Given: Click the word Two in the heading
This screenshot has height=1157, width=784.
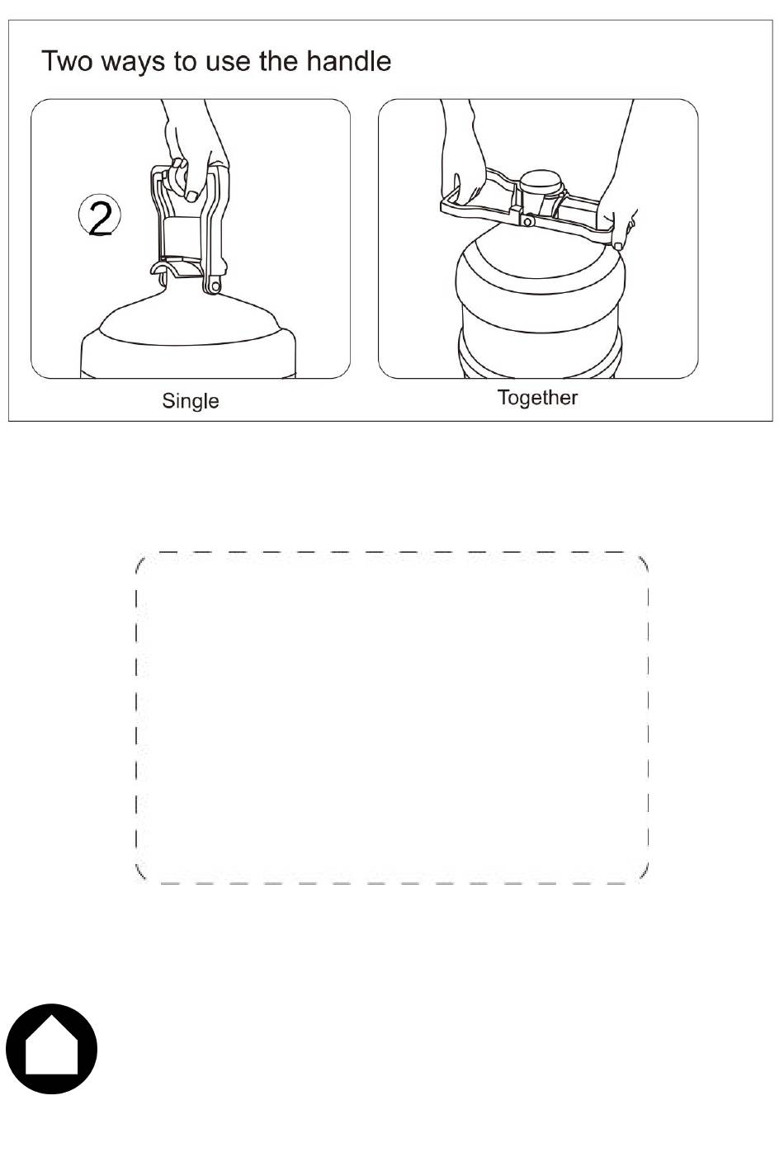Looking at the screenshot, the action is [66, 61].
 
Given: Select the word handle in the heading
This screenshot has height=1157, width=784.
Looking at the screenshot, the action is [348, 60].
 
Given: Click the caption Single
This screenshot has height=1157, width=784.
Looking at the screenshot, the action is [190, 401].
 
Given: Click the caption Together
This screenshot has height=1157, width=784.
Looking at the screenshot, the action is [537, 397].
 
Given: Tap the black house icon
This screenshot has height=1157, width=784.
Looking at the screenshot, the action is [51, 1049].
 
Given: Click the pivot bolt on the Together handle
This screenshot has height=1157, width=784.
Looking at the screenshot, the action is [527, 222].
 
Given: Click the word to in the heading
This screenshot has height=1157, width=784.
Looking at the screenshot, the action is [185, 62].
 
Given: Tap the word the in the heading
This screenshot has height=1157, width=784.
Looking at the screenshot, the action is [278, 61].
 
